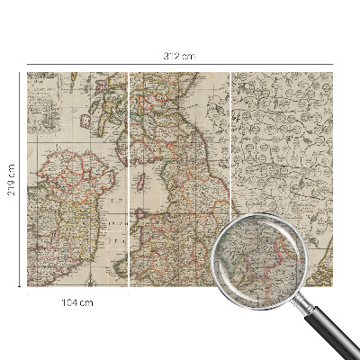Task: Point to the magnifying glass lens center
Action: click(257, 256)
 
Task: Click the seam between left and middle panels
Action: click(130, 180)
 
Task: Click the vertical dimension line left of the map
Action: click(20, 135)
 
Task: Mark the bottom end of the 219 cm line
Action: click(20, 286)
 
